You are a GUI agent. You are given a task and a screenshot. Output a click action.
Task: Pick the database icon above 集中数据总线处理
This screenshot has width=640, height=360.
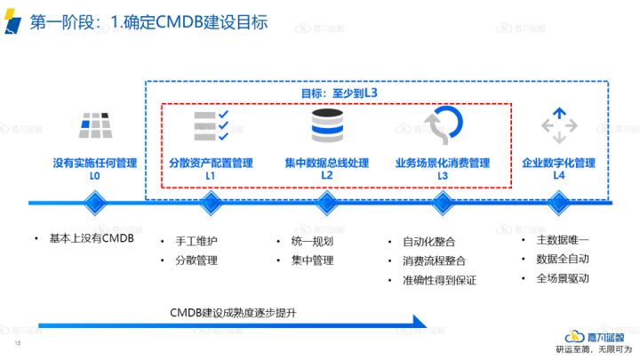pyautogui.click(x=326, y=127)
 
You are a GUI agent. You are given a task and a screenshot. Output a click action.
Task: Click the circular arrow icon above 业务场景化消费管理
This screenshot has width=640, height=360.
pyautogui.click(x=442, y=126)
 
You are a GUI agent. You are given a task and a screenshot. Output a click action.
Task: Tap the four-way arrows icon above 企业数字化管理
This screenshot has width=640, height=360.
pyautogui.click(x=558, y=126)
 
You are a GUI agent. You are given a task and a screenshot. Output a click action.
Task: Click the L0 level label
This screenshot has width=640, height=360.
pyautogui.click(x=94, y=176)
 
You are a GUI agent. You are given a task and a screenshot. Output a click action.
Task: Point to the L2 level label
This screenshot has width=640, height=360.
pyautogui.click(x=326, y=176)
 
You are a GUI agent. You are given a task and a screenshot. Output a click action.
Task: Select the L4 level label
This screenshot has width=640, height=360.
pyautogui.click(x=558, y=176)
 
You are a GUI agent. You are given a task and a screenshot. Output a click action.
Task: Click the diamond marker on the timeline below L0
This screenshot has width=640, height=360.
pyautogui.click(x=94, y=204)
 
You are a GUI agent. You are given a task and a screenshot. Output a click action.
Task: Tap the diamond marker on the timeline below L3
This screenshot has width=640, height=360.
pyautogui.click(x=442, y=204)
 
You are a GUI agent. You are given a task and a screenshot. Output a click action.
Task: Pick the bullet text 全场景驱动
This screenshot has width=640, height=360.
pyautogui.click(x=563, y=278)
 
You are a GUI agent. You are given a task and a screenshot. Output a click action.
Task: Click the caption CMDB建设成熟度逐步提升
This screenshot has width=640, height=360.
pyautogui.click(x=232, y=313)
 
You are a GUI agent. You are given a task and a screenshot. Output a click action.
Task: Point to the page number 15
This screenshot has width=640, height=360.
pyautogui.click(x=17, y=342)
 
